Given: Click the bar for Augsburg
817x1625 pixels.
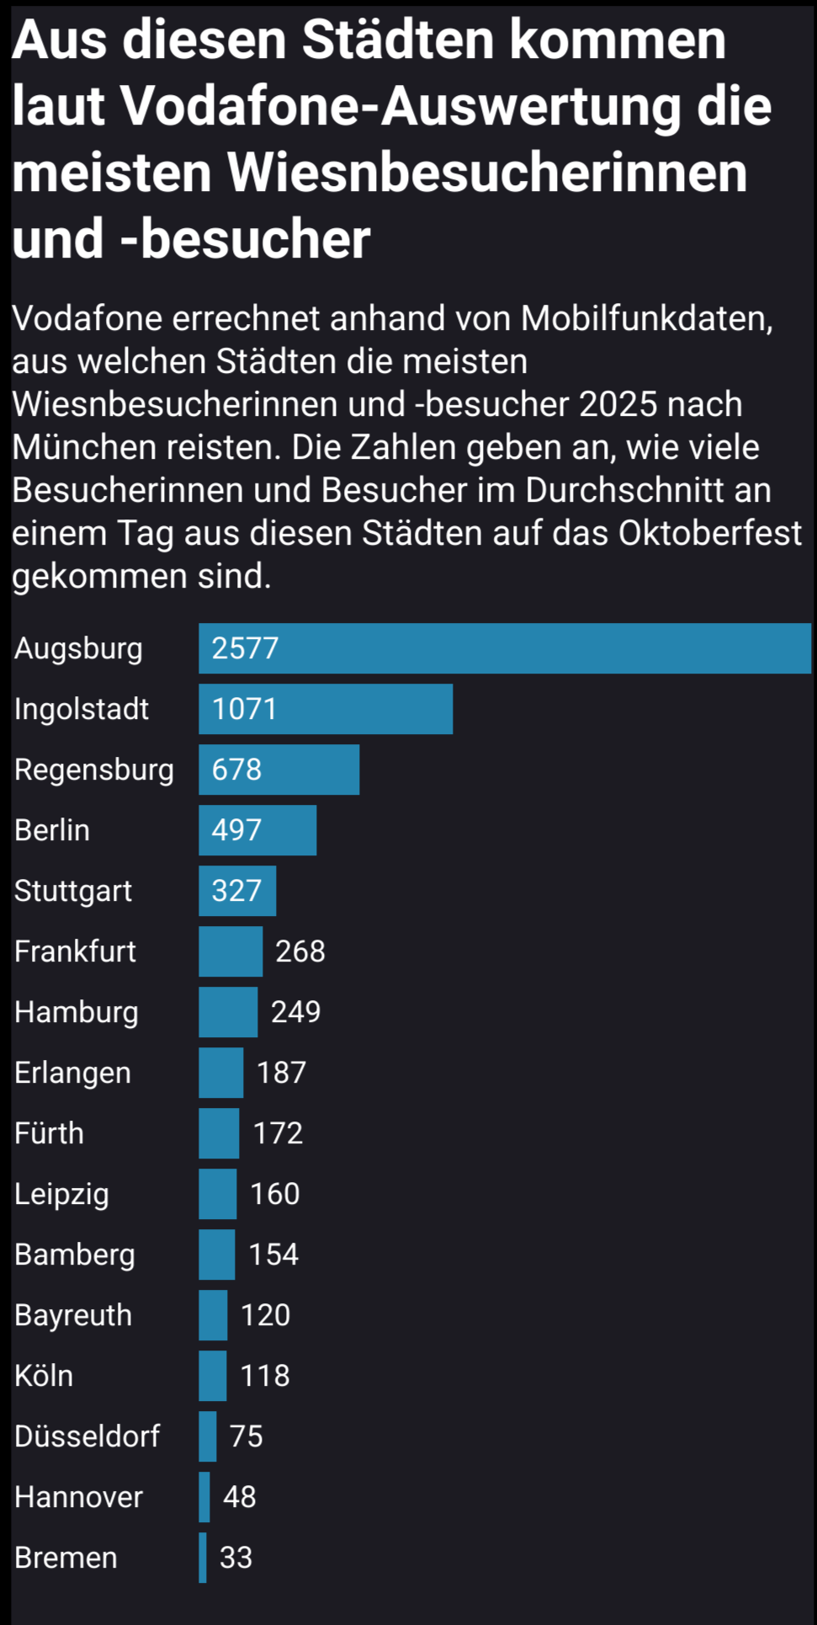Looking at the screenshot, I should click(x=505, y=648).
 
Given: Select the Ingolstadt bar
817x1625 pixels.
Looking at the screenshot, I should click(x=326, y=709).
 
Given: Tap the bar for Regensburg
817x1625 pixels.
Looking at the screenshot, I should click(x=279, y=770).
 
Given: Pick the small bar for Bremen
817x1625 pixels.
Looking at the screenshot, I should click(x=203, y=1558).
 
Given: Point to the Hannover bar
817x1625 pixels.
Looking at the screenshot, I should click(x=204, y=1497).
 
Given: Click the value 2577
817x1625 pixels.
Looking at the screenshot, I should click(x=245, y=648).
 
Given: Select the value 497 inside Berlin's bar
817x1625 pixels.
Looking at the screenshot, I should click(x=236, y=830).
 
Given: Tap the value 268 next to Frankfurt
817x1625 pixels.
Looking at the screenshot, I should click(x=300, y=951).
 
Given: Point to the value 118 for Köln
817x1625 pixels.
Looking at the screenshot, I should click(x=265, y=1376).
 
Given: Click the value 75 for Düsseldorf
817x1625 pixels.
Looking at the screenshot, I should click(x=247, y=1436).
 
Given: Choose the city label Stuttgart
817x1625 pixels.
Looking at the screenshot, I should click(x=73, y=891).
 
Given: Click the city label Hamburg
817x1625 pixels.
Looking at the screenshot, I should click(x=77, y=1012).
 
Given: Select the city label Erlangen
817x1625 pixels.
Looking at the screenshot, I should click(x=72, y=1073).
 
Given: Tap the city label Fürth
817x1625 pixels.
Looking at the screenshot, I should click(x=49, y=1133).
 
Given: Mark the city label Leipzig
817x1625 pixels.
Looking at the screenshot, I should click(x=61, y=1195).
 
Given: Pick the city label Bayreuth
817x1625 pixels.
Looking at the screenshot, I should click(x=73, y=1315).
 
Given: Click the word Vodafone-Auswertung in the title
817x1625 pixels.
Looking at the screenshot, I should click(x=446, y=107).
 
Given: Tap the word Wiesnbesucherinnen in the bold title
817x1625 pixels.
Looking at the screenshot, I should click(x=487, y=173).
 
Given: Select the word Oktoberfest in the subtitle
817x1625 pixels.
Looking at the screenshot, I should click(x=710, y=533).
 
